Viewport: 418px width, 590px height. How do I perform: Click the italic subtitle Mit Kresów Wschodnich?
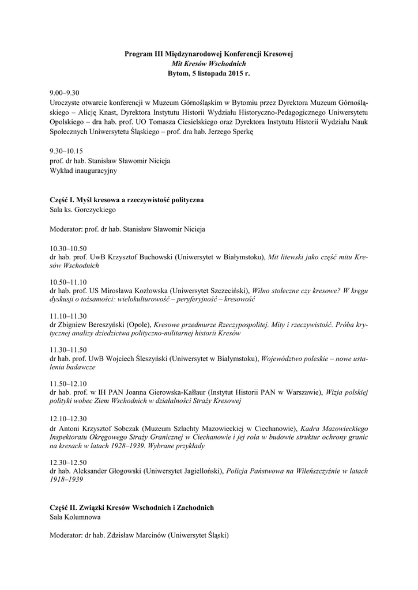[x=209, y=63]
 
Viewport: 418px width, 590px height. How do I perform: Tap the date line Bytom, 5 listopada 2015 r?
[x=209, y=74]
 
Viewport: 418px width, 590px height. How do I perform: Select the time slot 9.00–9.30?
[x=64, y=93]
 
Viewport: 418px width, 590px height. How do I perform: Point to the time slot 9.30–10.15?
[x=66, y=152]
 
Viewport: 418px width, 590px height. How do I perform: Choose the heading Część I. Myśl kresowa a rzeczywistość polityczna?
[x=127, y=199]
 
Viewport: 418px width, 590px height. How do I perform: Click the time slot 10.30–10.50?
[x=68, y=247]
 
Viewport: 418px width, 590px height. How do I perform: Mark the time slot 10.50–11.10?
[x=68, y=281]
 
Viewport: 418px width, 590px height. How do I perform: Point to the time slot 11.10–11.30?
[x=68, y=315]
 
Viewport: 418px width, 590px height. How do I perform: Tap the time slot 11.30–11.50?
[x=68, y=349]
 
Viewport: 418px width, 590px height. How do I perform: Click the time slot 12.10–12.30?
[x=68, y=418]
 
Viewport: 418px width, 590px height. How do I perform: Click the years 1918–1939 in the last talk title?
[x=66, y=480]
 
